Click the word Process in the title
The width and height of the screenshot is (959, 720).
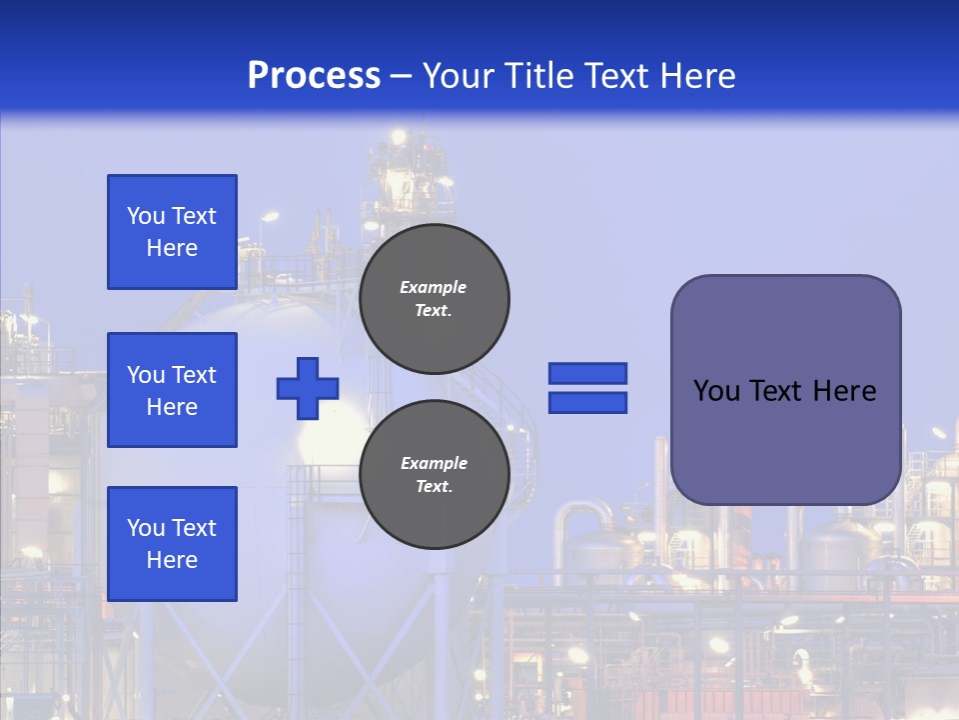pyautogui.click(x=314, y=76)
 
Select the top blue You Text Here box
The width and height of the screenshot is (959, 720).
pyautogui.click(x=172, y=232)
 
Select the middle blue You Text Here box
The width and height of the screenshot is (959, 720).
pyautogui.click(x=172, y=390)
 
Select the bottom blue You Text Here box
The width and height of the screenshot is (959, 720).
pyautogui.click(x=172, y=543)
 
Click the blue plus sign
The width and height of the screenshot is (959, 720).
pyautogui.click(x=308, y=388)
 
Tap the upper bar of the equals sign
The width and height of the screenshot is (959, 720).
pyautogui.click(x=587, y=373)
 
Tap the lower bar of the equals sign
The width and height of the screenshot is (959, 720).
pyautogui.click(x=587, y=403)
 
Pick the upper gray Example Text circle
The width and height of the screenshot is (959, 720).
pyautogui.click(x=435, y=298)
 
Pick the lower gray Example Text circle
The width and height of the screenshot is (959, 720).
pyautogui.click(x=435, y=474)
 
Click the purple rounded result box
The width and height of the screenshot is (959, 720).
pyautogui.click(x=785, y=390)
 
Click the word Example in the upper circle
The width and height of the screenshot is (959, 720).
pyautogui.click(x=434, y=287)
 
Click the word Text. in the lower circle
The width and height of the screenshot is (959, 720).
pyautogui.click(x=435, y=487)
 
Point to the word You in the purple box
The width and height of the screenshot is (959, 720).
pyautogui.click(x=716, y=391)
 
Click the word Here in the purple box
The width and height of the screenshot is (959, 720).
pyautogui.click(x=844, y=391)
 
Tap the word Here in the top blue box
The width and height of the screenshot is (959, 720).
pyautogui.click(x=172, y=248)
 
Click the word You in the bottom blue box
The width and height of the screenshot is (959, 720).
pyautogui.click(x=146, y=528)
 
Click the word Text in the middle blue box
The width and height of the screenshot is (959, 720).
pyautogui.click(x=194, y=375)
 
